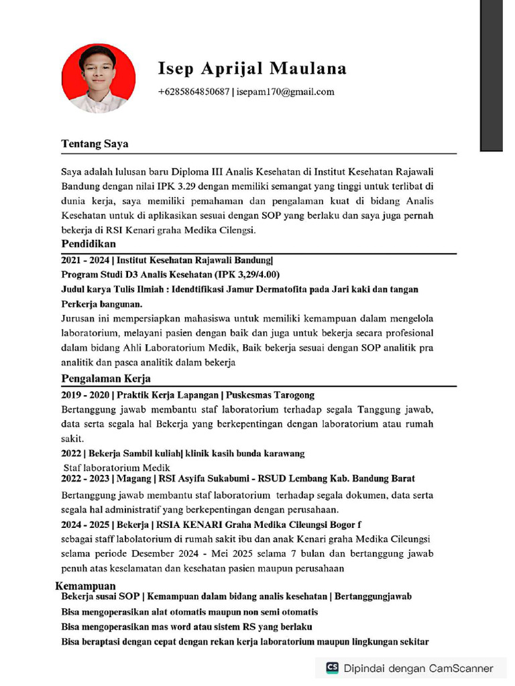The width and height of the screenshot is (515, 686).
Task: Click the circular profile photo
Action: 98,78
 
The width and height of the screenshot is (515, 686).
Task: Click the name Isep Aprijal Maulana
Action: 252,68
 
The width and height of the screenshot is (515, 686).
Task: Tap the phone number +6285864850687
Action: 193,92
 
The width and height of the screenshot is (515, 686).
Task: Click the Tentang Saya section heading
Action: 95,144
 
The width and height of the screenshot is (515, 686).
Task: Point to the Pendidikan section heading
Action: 89,244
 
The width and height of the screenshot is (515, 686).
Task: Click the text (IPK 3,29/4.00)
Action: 247,275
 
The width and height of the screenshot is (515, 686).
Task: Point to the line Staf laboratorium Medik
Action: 117,468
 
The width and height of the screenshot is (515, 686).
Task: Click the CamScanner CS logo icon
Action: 332,668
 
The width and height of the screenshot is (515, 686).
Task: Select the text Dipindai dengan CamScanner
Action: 418,668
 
